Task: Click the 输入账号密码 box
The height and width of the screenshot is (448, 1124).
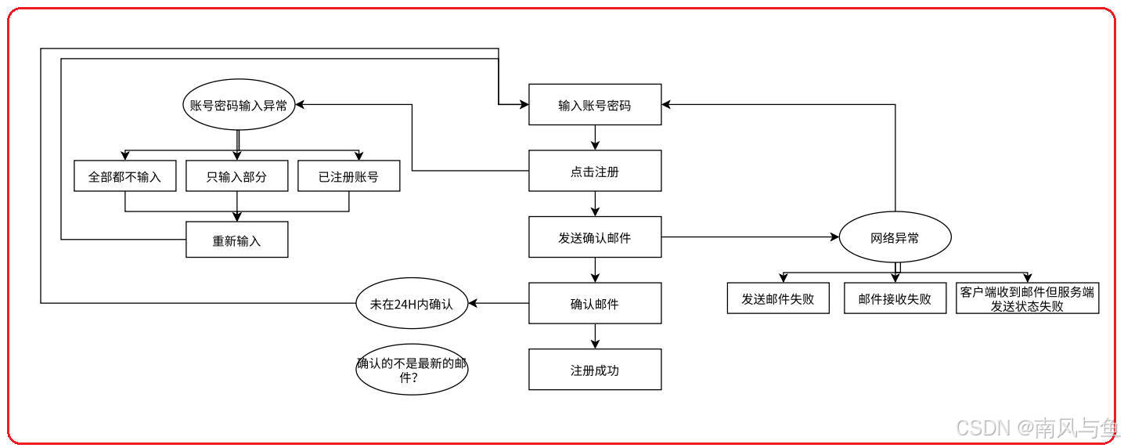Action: [595, 104]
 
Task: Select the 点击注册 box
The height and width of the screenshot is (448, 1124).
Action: [595, 171]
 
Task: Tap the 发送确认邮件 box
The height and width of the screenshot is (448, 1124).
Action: [595, 237]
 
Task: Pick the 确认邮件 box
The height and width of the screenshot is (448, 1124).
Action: [595, 303]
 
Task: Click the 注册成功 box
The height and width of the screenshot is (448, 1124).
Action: [595, 370]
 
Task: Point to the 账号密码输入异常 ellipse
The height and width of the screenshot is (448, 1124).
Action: [239, 105]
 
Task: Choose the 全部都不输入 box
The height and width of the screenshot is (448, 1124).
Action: [125, 176]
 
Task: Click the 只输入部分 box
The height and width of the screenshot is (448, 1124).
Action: [236, 176]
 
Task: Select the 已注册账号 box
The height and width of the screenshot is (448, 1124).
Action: [348, 176]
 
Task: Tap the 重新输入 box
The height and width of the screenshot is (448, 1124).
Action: [236, 240]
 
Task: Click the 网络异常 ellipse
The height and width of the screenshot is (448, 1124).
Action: [895, 237]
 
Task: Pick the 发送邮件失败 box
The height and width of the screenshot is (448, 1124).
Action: [778, 298]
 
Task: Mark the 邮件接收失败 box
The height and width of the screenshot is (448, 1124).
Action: [895, 298]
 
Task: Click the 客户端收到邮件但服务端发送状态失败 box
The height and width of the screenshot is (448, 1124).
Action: [1027, 298]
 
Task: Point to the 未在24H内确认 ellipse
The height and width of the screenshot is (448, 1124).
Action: [412, 303]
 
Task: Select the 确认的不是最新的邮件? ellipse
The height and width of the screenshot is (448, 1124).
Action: [412, 370]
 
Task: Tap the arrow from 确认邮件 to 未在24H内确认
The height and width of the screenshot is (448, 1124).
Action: [499, 303]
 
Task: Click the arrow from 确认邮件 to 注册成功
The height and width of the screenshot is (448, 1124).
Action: [595, 336]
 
